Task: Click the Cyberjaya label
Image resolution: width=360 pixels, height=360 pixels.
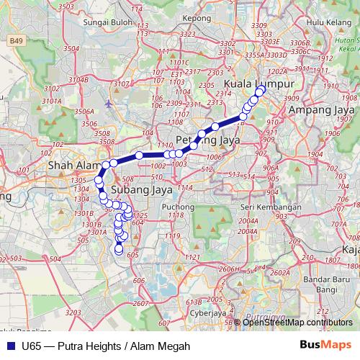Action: [201, 314]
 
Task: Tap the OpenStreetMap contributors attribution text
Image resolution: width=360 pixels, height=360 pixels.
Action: [297, 322]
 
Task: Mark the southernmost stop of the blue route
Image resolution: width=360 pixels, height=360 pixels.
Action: [120, 250]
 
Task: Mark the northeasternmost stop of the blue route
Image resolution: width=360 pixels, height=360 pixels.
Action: [261, 90]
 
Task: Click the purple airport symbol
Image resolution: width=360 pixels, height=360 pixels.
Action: [108, 103]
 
